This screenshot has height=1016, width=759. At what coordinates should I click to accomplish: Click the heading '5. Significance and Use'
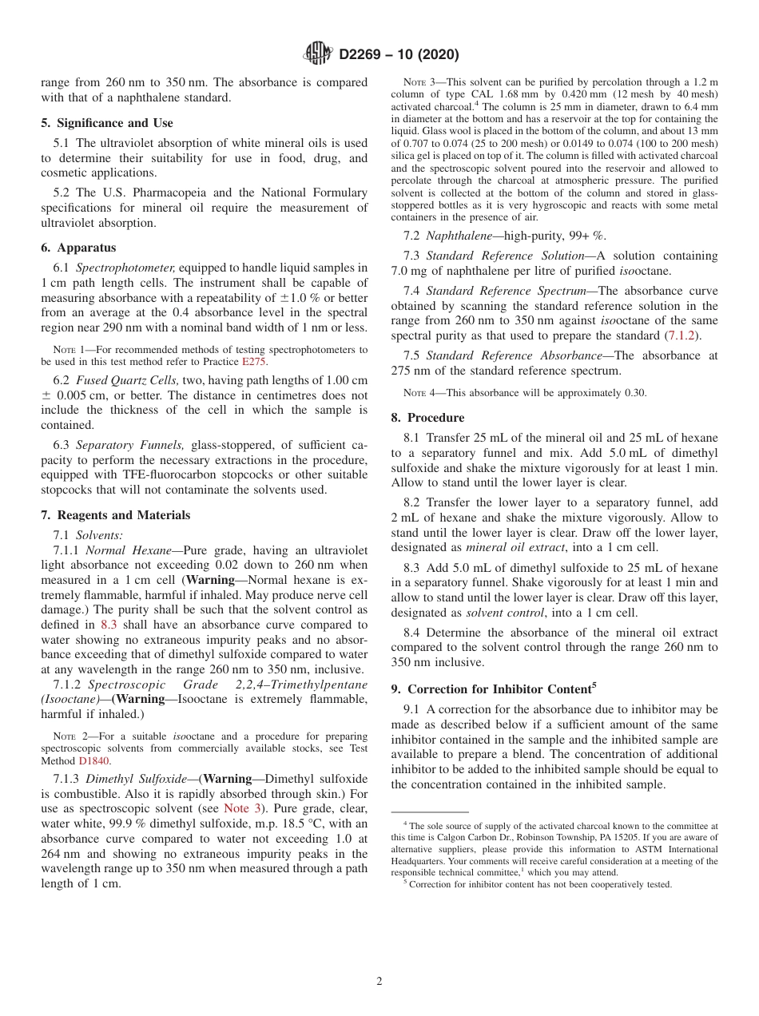tap(107, 123)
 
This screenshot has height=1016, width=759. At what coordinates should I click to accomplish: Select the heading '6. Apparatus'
tap(78, 248)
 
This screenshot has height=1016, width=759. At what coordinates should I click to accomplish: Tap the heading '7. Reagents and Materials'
tap(116, 515)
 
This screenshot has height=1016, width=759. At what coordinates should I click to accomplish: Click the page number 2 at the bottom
tap(379, 982)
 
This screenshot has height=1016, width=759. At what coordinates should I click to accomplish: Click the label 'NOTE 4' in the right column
tap(419, 393)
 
